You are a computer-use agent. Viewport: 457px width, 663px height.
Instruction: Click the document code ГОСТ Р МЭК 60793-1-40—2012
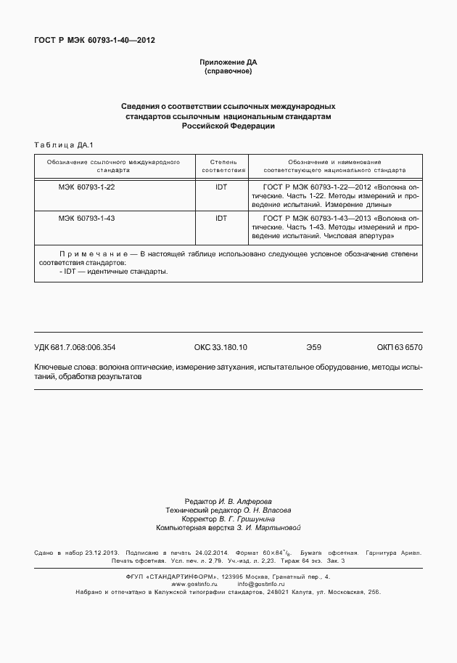94,40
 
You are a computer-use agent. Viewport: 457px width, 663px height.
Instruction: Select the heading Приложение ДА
228,62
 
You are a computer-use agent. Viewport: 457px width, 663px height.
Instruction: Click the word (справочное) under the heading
228,71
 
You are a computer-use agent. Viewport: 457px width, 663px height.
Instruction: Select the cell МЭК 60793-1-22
86,187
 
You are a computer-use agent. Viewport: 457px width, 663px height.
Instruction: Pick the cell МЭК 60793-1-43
86,218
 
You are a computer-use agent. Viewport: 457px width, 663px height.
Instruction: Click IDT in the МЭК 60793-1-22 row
221,187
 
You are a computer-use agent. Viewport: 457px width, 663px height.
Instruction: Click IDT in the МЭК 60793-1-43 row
221,218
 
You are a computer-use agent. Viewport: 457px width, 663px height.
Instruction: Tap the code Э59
313,347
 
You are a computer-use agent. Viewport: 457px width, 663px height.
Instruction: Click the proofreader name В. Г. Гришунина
247,519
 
